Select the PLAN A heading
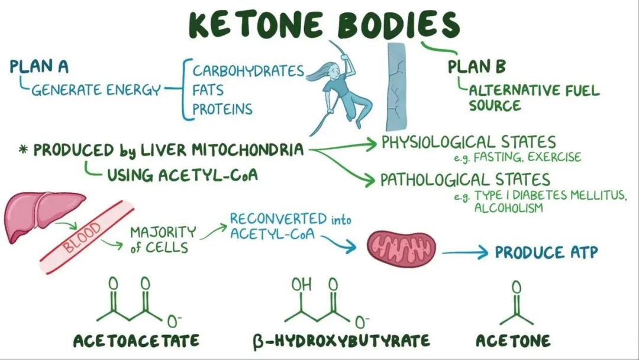click(x=39, y=66)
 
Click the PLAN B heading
click(x=477, y=66)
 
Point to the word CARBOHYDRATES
click(x=248, y=72)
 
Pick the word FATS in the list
click(x=208, y=91)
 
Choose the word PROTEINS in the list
click(x=222, y=110)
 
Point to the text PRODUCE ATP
click(x=546, y=253)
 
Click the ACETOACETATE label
click(x=136, y=341)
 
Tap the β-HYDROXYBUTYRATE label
click(x=341, y=341)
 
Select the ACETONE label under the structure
click(x=513, y=341)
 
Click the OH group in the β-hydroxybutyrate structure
click(x=301, y=285)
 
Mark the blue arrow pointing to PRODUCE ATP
click(x=465, y=253)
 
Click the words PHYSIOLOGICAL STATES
click(x=468, y=143)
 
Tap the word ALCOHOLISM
click(x=508, y=208)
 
